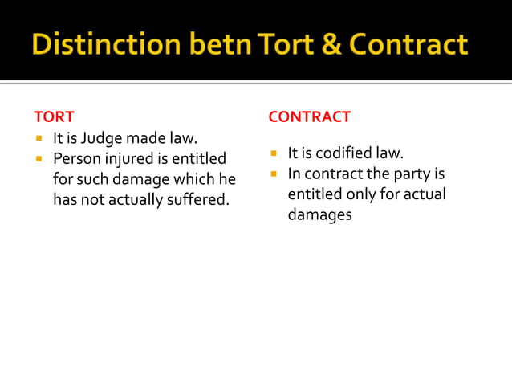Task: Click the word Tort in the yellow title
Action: (286, 43)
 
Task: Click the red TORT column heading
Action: (54, 116)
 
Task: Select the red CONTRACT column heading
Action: (309, 116)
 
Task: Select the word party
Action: (409, 174)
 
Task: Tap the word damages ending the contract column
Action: (319, 214)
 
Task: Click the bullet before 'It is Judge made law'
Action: (38, 139)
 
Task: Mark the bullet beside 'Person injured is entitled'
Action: (38, 159)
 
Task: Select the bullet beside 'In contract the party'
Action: (273, 174)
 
